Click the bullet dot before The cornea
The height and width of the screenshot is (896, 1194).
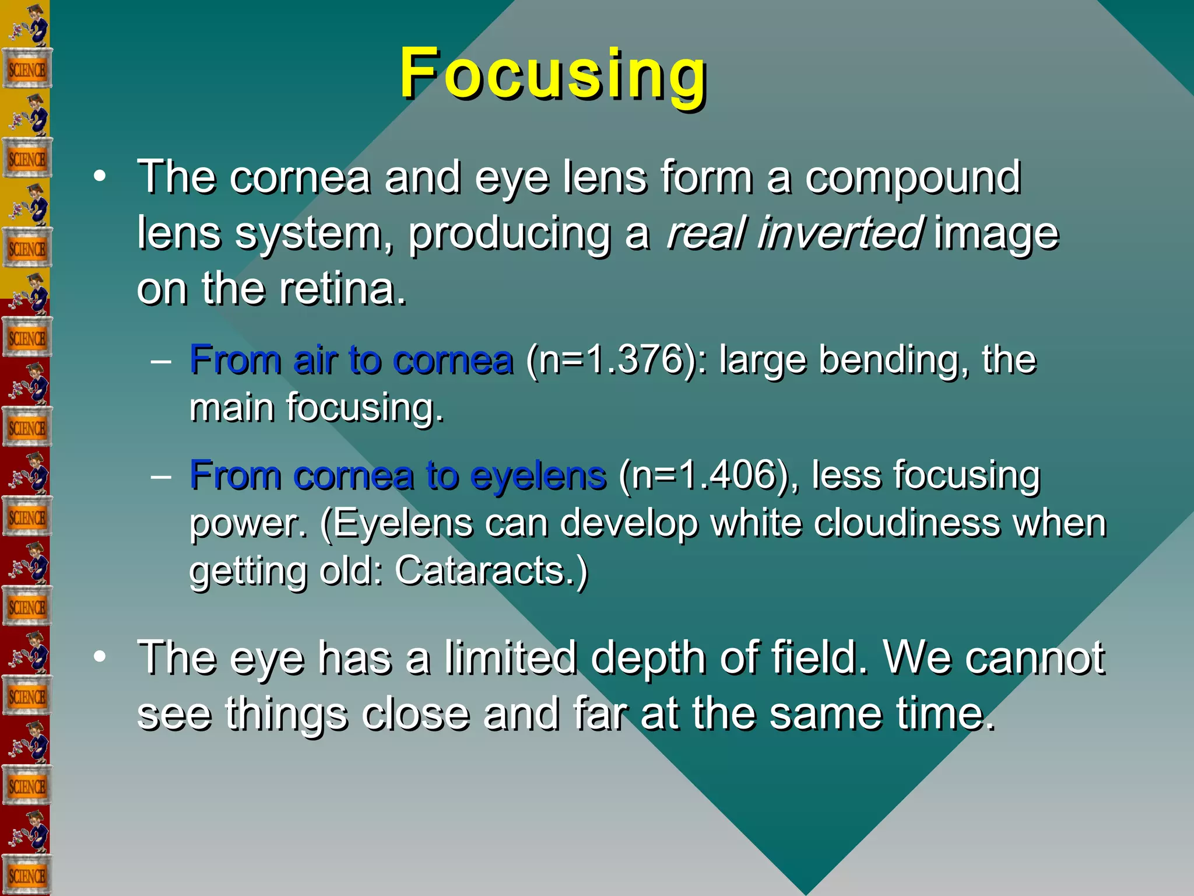(x=100, y=177)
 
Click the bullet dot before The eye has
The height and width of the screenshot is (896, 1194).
(x=100, y=657)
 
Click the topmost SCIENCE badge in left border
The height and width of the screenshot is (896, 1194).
(x=26, y=70)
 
